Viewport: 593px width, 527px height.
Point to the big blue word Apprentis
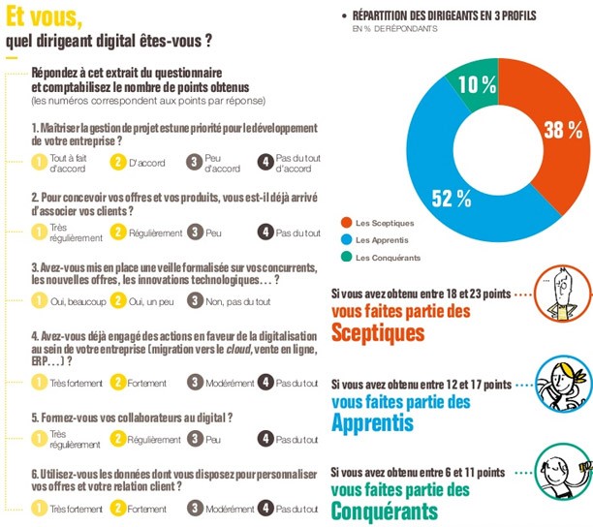[372, 422]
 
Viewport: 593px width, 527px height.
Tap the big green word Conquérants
[386, 510]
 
